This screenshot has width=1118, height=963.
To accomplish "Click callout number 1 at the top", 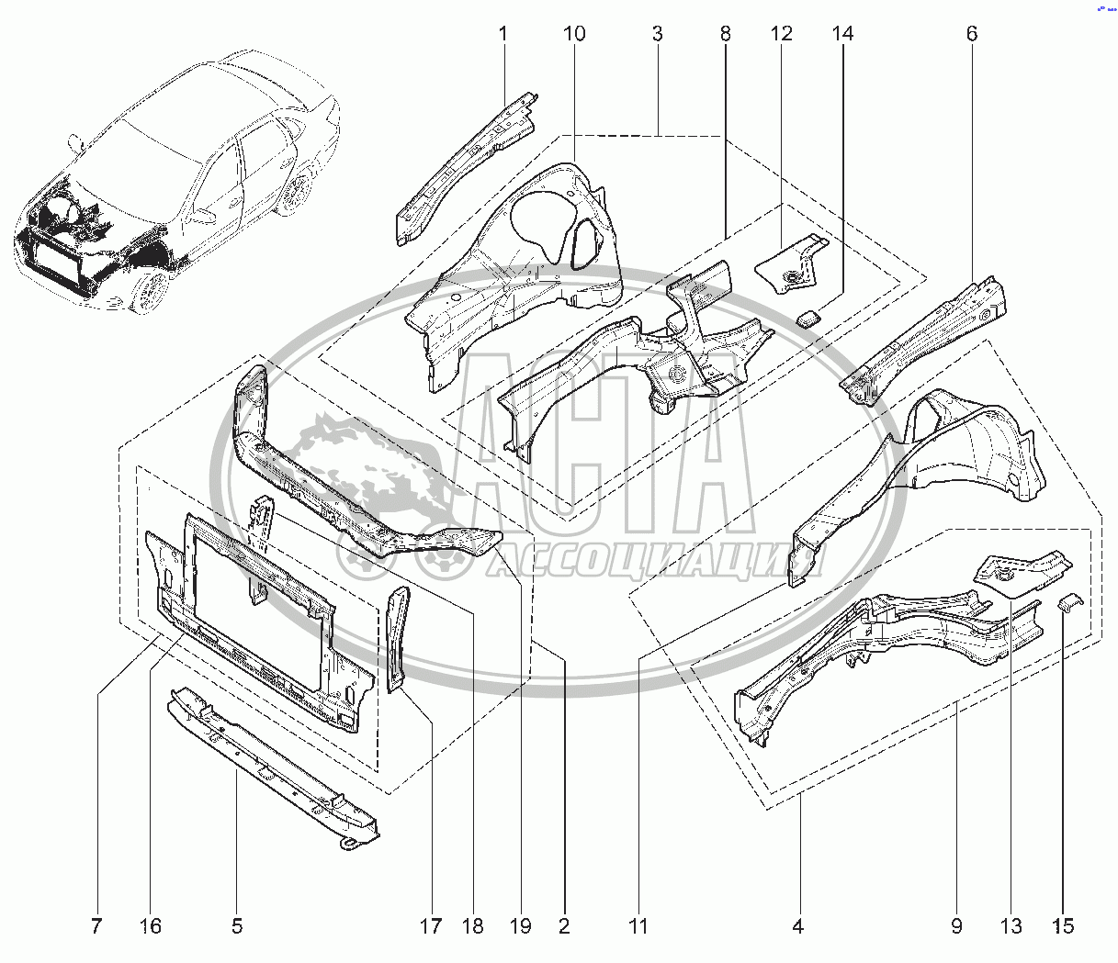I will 503,35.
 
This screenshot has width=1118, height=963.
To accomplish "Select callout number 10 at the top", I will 573,35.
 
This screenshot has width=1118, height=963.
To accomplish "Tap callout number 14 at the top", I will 842,35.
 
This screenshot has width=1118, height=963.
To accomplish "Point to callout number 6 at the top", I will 972,35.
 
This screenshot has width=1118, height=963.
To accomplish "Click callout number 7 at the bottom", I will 97,925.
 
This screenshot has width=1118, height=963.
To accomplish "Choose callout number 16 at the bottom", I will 151,925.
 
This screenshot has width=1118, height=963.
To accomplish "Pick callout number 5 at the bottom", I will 237,925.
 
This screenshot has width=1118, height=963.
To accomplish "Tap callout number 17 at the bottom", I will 430,925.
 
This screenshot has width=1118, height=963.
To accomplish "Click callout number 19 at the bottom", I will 520,925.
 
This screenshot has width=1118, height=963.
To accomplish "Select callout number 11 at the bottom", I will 638,925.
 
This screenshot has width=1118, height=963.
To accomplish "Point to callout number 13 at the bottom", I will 1011,925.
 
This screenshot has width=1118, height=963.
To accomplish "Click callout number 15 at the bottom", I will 1063,925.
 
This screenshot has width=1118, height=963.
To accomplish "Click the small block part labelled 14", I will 808,318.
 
